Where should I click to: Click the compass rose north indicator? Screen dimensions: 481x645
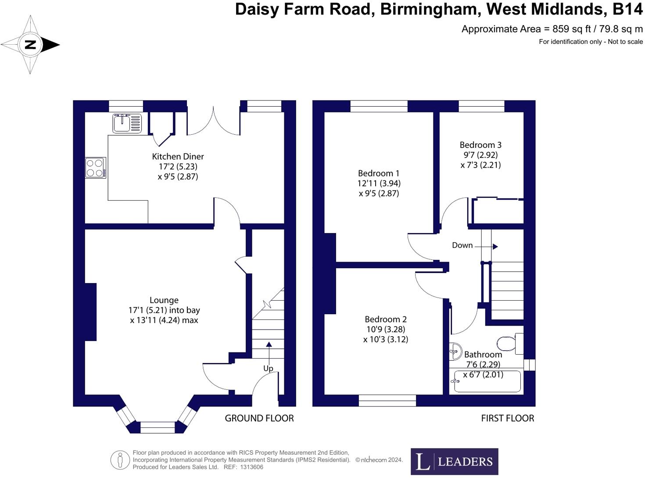pyautogui.click(x=30, y=44)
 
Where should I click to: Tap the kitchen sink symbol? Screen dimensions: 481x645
pyautogui.click(x=127, y=123)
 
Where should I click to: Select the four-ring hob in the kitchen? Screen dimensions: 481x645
pyautogui.click(x=95, y=168)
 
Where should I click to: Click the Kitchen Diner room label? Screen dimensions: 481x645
pyautogui.click(x=178, y=157)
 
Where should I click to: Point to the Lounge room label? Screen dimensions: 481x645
pyautogui.click(x=164, y=300)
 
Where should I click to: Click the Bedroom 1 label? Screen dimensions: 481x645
pyautogui.click(x=378, y=173)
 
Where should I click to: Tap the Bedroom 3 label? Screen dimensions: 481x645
pyautogui.click(x=480, y=145)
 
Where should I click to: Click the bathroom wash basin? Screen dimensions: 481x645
pyautogui.click(x=455, y=351)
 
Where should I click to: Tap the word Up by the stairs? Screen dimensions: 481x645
pyautogui.click(x=268, y=368)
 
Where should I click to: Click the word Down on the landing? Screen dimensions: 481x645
pyautogui.click(x=462, y=245)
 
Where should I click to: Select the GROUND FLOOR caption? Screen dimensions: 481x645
pyautogui.click(x=259, y=418)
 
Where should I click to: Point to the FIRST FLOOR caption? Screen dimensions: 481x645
pyautogui.click(x=507, y=418)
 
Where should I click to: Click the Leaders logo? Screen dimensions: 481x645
pyautogui.click(x=454, y=461)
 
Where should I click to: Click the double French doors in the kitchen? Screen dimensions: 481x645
pyautogui.click(x=214, y=121)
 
